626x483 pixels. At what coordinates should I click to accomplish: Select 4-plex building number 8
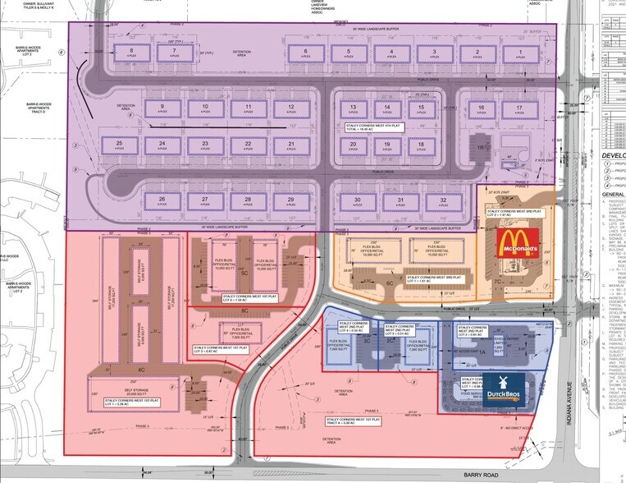pyautogui.click(x=130, y=53)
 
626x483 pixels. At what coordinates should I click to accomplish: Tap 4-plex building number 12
pyautogui.click(x=285, y=108)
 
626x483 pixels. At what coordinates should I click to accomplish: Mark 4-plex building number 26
pyautogui.click(x=162, y=202)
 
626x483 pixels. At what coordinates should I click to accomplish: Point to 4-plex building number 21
pyautogui.click(x=290, y=145)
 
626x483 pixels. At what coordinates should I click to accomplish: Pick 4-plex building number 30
pyautogui.click(x=357, y=202)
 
